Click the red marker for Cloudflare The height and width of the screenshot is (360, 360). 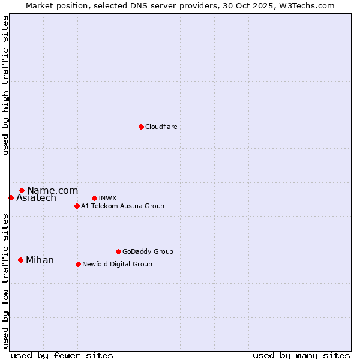pos(141,127)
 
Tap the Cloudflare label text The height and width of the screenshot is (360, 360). pos(161,127)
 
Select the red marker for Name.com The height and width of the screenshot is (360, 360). pos(22,190)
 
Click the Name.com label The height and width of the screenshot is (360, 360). pos(52,190)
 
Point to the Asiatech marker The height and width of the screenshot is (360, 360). pos(11,197)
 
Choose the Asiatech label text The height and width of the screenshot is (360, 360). pos(36,198)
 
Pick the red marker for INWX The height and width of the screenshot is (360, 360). pos(94,198)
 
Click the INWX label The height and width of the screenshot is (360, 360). pos(107,198)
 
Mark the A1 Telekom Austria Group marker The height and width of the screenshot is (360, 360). pos(77,206)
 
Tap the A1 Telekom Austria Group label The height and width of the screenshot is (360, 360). pos(122,206)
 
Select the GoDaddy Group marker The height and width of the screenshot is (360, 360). pos(118,251)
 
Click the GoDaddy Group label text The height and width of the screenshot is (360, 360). pos(148,251)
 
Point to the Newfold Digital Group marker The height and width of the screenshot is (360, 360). pos(78,264)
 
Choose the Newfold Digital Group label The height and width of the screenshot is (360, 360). pos(117,264)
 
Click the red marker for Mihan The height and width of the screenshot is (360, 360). pos(20,260)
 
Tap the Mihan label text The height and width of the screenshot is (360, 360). pos(40,260)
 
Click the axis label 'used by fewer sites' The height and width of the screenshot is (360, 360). pos(62,355)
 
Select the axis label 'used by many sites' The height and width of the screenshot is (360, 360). pos(301,355)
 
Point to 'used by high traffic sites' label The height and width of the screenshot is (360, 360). pos(5,85)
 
